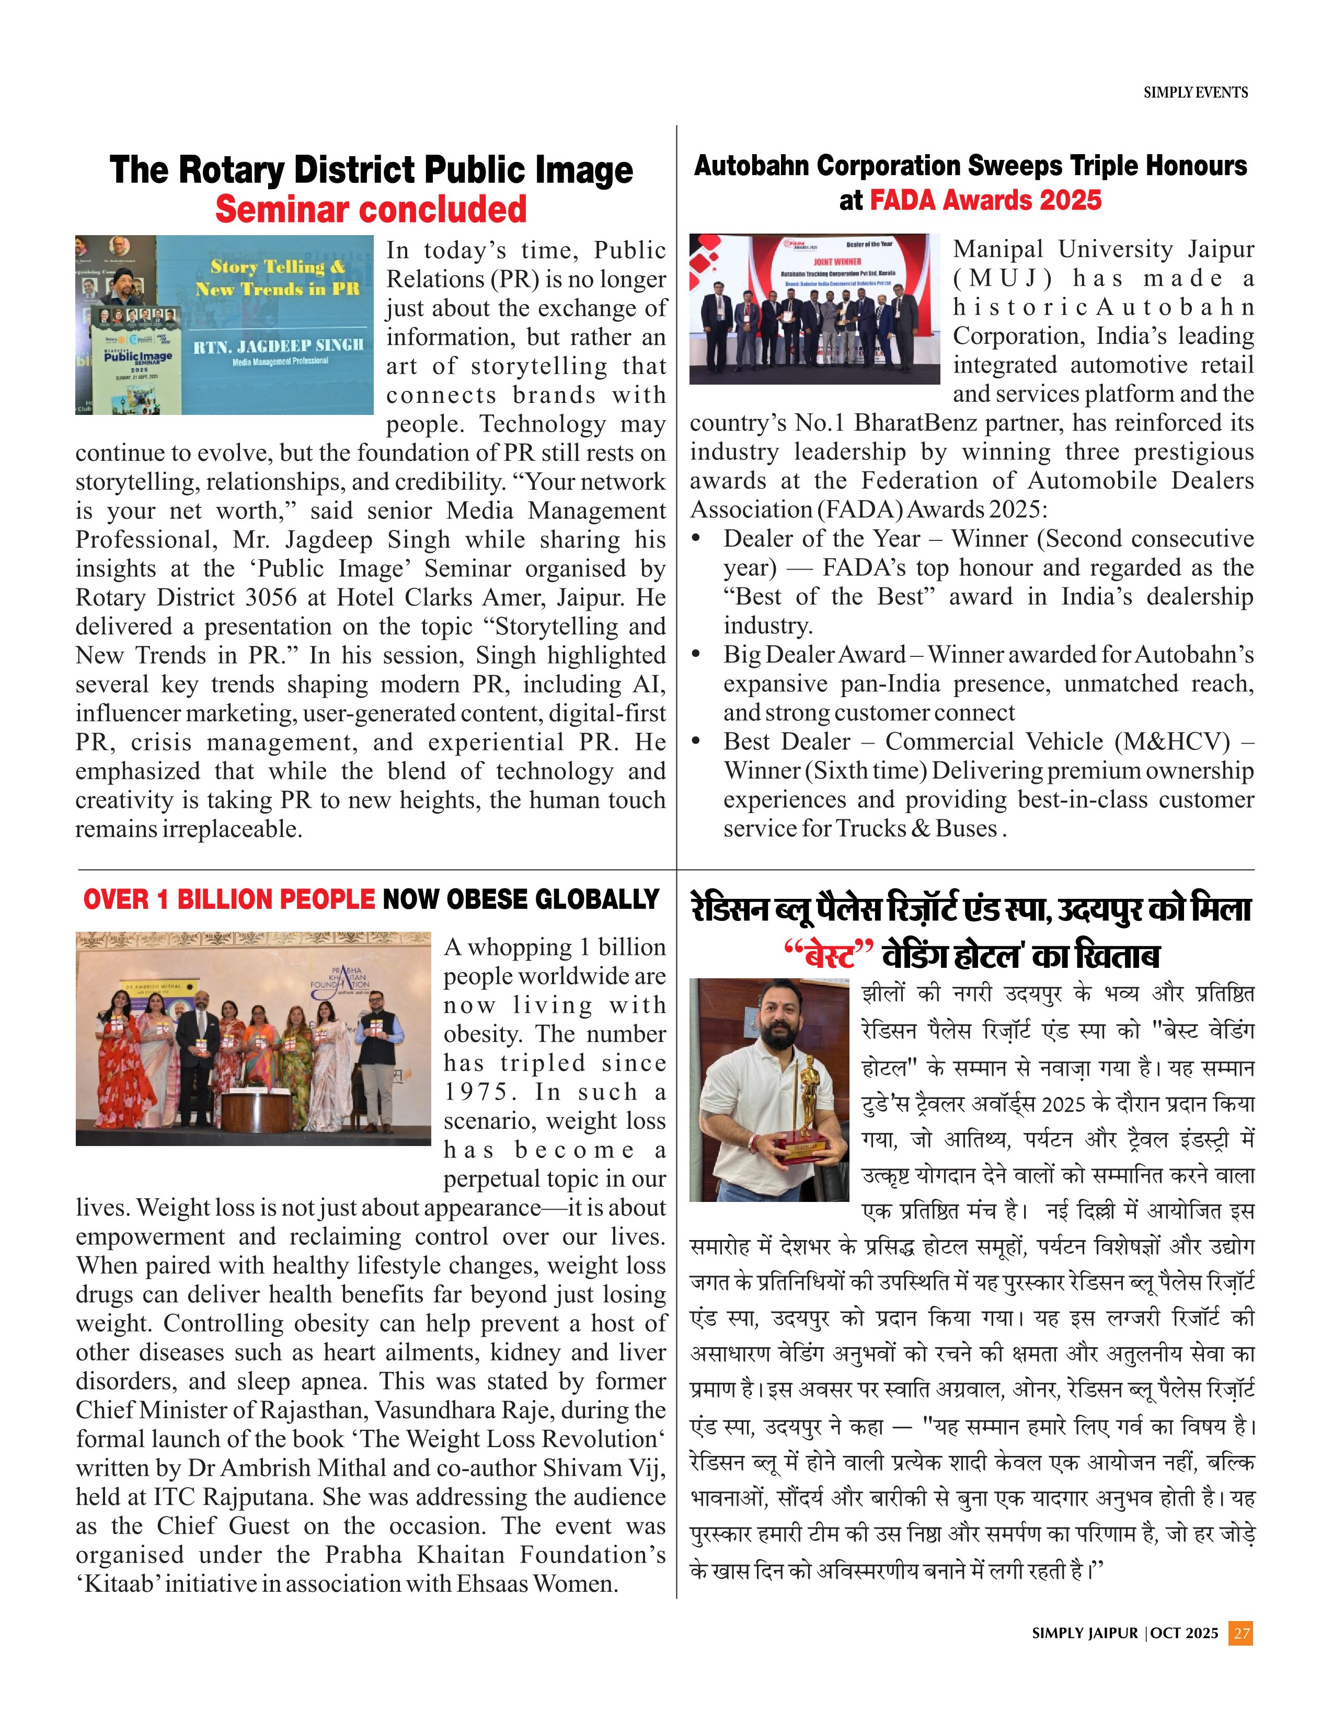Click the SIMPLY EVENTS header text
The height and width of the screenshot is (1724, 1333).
coord(1195,92)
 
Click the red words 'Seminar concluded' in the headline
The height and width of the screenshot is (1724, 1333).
coord(371,209)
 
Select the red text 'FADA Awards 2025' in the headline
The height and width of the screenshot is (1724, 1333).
coord(985,201)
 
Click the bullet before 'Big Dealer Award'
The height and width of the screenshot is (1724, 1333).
coord(696,654)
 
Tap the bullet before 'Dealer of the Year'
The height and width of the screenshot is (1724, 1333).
coord(696,538)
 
